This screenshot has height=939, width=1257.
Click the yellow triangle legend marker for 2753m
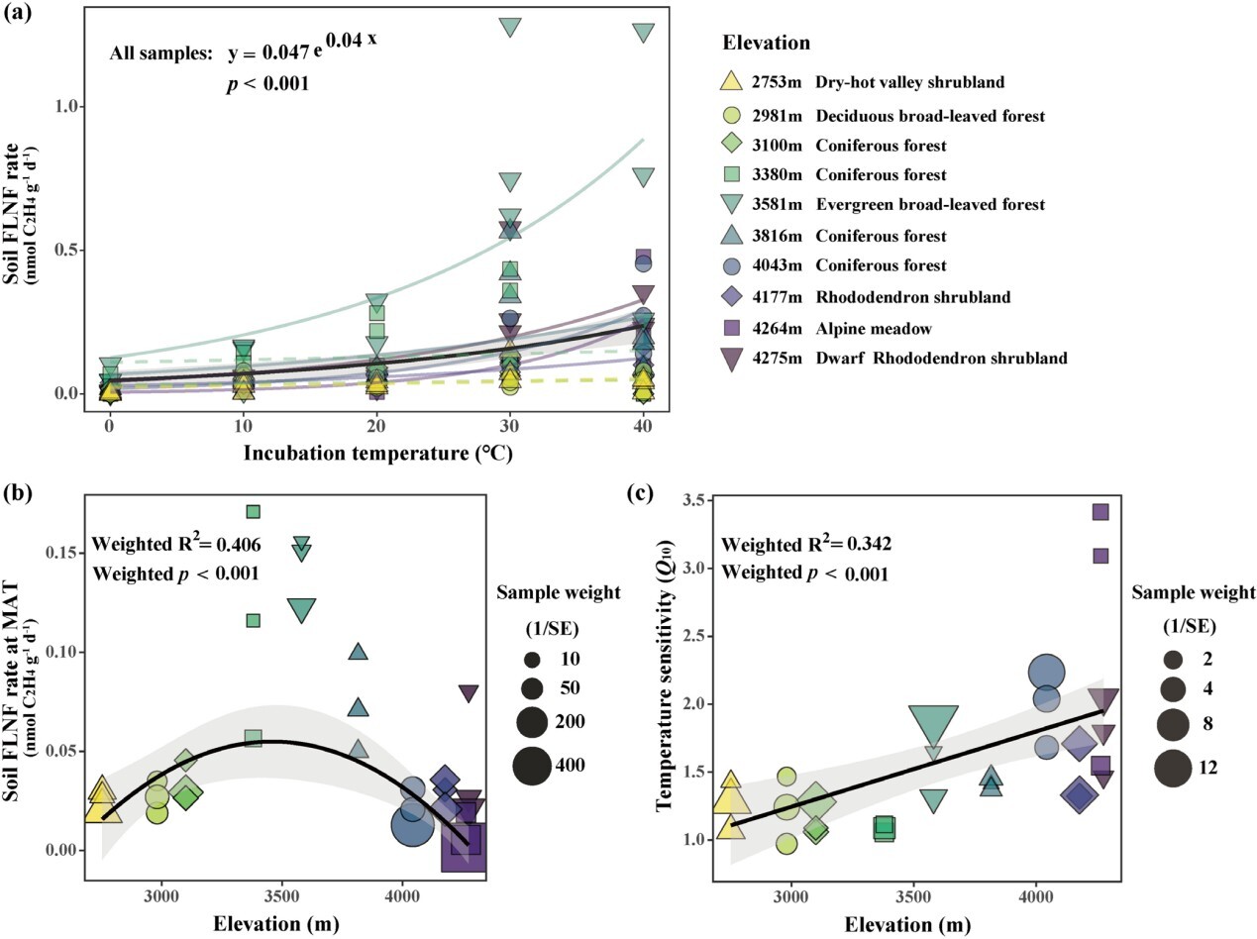731,81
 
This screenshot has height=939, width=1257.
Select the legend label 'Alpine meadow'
874,329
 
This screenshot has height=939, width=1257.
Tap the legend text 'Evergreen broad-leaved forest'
930,204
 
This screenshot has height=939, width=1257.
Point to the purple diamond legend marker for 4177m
731,296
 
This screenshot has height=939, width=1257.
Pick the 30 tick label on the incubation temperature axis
509,426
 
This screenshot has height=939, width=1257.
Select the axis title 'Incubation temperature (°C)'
377,453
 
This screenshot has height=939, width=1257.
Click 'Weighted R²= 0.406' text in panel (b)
175,544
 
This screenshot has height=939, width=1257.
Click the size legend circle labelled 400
532,765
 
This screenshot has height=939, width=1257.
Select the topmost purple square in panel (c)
1100,512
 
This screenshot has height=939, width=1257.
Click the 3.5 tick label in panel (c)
693,501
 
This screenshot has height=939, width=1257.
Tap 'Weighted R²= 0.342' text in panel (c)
805,544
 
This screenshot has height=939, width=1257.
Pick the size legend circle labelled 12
1172,768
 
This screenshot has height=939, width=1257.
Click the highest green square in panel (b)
254,511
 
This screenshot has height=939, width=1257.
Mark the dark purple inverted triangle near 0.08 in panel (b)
469,693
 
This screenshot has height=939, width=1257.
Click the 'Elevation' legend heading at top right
766,43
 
